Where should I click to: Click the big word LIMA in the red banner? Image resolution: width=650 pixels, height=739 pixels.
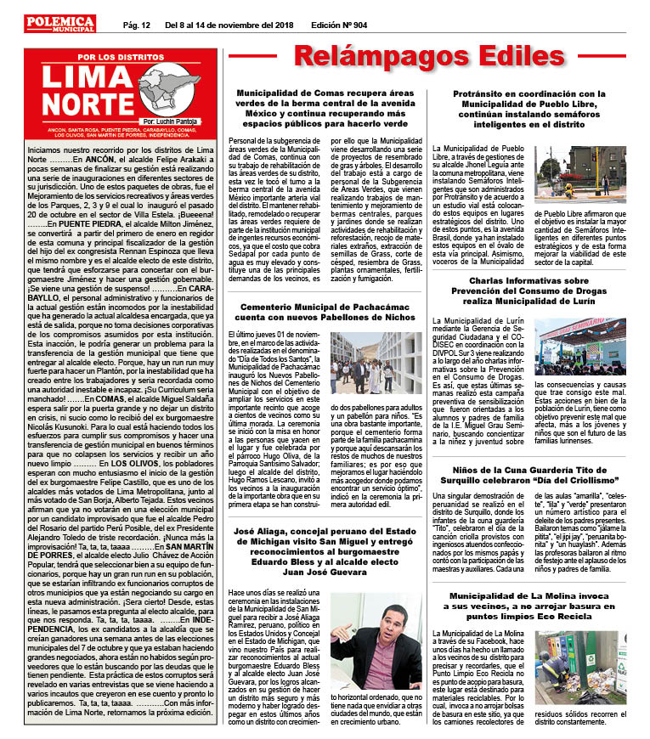pyautogui.click(x=91, y=79)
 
